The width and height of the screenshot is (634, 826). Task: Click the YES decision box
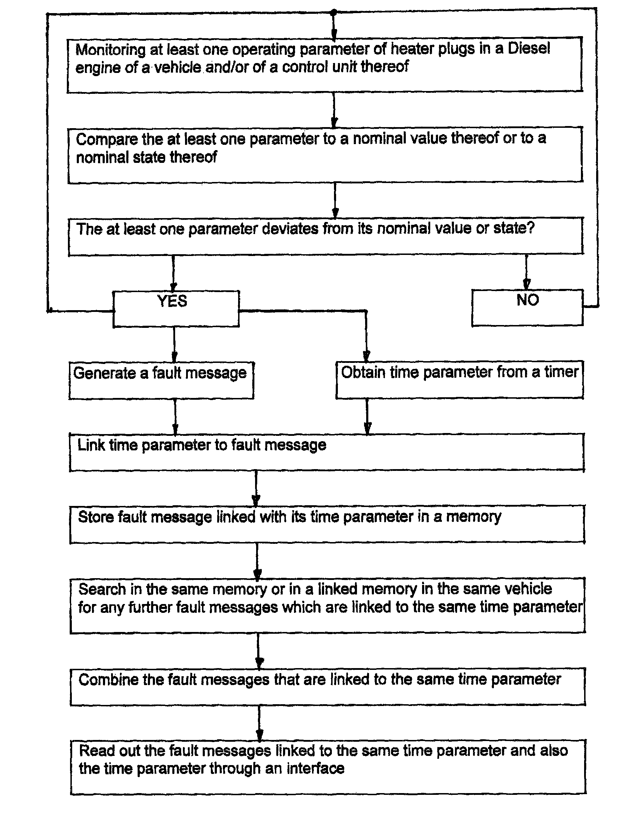point(176,309)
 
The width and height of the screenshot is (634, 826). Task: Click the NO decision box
point(527,307)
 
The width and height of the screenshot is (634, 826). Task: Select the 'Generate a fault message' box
point(161,380)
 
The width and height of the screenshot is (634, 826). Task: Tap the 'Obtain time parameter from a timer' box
point(460,380)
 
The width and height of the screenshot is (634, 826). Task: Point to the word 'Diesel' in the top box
point(529,49)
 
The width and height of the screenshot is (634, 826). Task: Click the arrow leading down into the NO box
point(526,272)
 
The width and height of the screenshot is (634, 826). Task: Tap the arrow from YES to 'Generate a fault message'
point(174,344)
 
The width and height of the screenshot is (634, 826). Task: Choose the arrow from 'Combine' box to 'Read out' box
point(259,723)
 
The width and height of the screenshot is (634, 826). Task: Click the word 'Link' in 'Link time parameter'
point(91,445)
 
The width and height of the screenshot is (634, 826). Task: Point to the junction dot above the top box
point(333,12)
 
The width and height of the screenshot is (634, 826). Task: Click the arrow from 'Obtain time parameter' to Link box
point(367,416)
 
